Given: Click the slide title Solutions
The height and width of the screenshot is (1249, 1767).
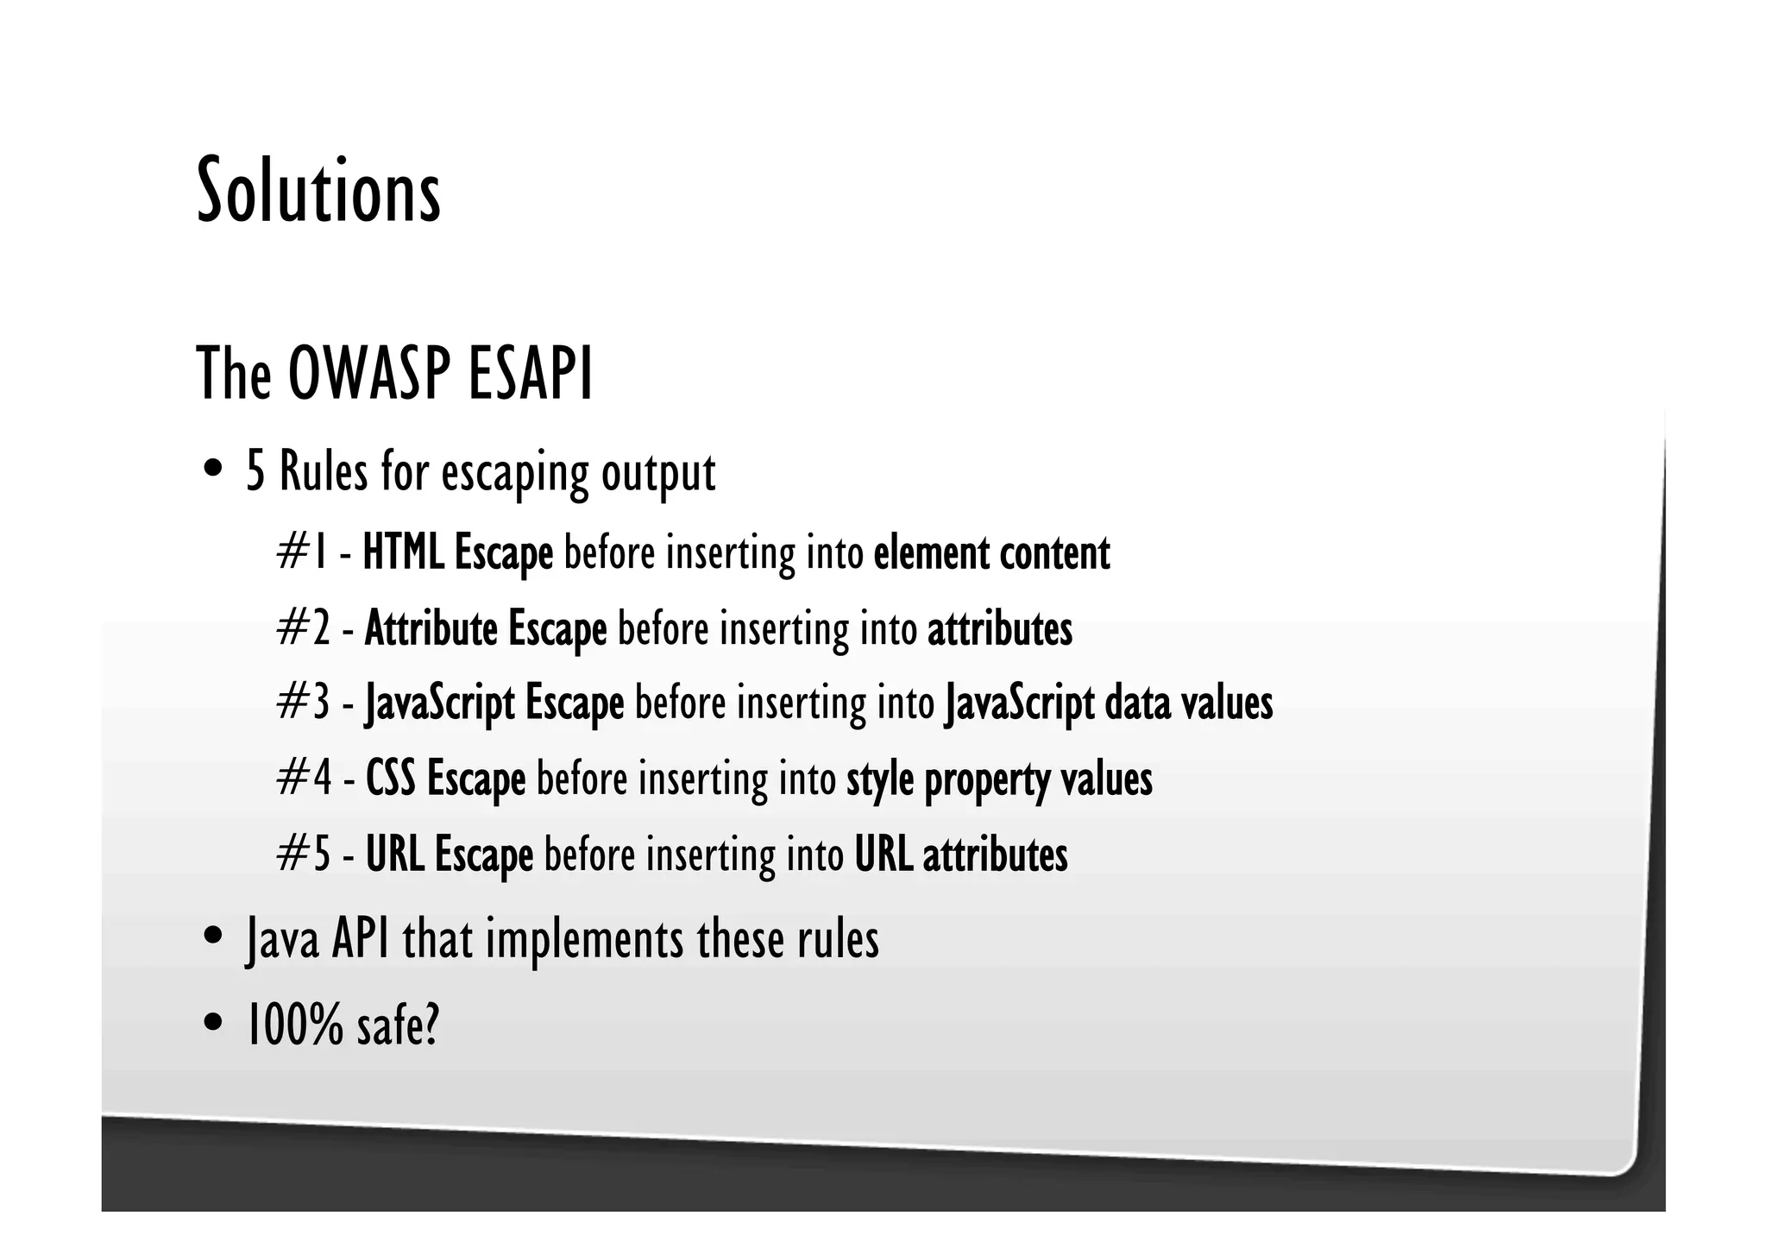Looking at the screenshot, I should (x=318, y=192).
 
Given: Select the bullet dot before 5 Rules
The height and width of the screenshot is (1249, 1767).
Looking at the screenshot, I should (x=212, y=471).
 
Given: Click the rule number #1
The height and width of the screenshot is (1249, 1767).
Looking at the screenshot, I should (x=302, y=553).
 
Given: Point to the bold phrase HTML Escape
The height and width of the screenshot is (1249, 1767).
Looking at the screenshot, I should (x=457, y=553).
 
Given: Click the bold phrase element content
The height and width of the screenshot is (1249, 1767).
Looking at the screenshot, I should (x=991, y=553).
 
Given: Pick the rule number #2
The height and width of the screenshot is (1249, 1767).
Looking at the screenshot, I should (x=304, y=628).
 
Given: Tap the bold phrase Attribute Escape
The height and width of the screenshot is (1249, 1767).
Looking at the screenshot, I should (x=486, y=628).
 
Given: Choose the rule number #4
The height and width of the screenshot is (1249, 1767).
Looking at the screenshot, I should (x=304, y=779).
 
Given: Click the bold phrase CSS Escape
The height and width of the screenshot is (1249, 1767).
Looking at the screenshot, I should (x=445, y=779).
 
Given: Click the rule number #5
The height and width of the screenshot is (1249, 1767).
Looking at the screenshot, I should (x=304, y=855).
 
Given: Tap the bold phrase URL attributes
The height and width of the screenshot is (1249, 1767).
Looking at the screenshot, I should (x=961, y=855).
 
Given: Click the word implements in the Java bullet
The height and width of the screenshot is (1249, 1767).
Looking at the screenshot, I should (x=584, y=939).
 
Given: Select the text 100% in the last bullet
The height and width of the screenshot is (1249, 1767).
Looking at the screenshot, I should (x=294, y=1025).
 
